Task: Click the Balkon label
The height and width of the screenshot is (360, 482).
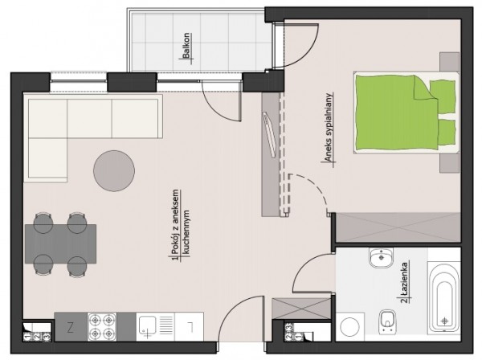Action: (x=186, y=46)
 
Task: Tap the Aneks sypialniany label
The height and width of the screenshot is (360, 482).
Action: (x=328, y=127)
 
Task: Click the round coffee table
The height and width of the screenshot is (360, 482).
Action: (x=114, y=171)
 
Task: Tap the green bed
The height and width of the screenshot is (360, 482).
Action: (x=406, y=112)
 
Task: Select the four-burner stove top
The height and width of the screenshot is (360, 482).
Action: (x=102, y=326)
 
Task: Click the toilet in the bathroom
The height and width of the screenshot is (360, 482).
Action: (x=387, y=321)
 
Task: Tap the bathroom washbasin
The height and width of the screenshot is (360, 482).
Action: (x=381, y=257)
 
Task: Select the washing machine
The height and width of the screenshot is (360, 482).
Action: (x=349, y=326)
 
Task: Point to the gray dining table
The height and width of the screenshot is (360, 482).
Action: (x=60, y=243)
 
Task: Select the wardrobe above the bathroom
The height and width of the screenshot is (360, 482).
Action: (x=398, y=227)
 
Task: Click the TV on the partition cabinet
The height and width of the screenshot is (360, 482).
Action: (x=270, y=134)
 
